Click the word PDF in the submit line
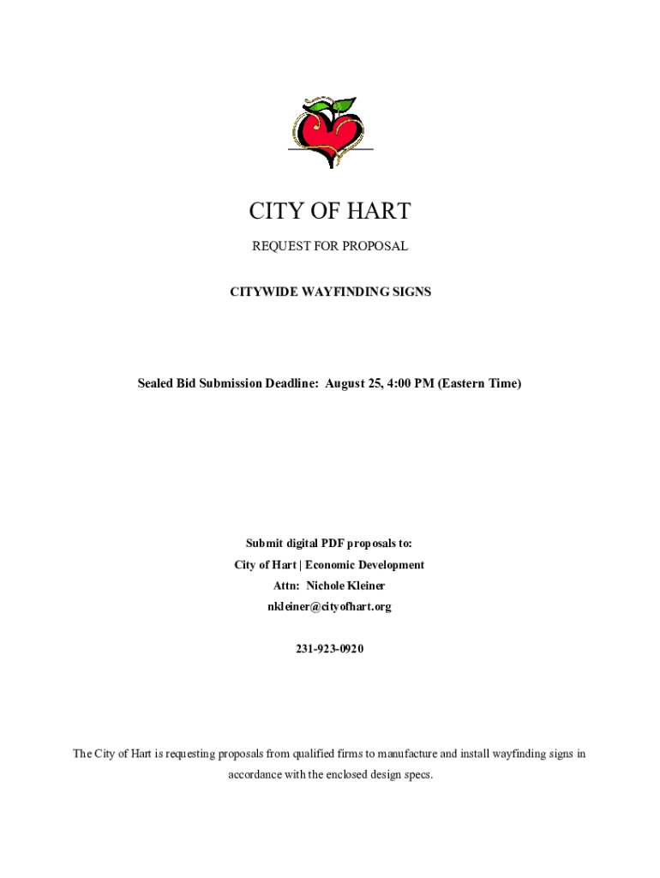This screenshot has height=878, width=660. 334,544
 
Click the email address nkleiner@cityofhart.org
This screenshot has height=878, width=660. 330,607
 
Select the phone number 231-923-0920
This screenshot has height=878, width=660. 330,649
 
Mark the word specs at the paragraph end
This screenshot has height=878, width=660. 415,775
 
